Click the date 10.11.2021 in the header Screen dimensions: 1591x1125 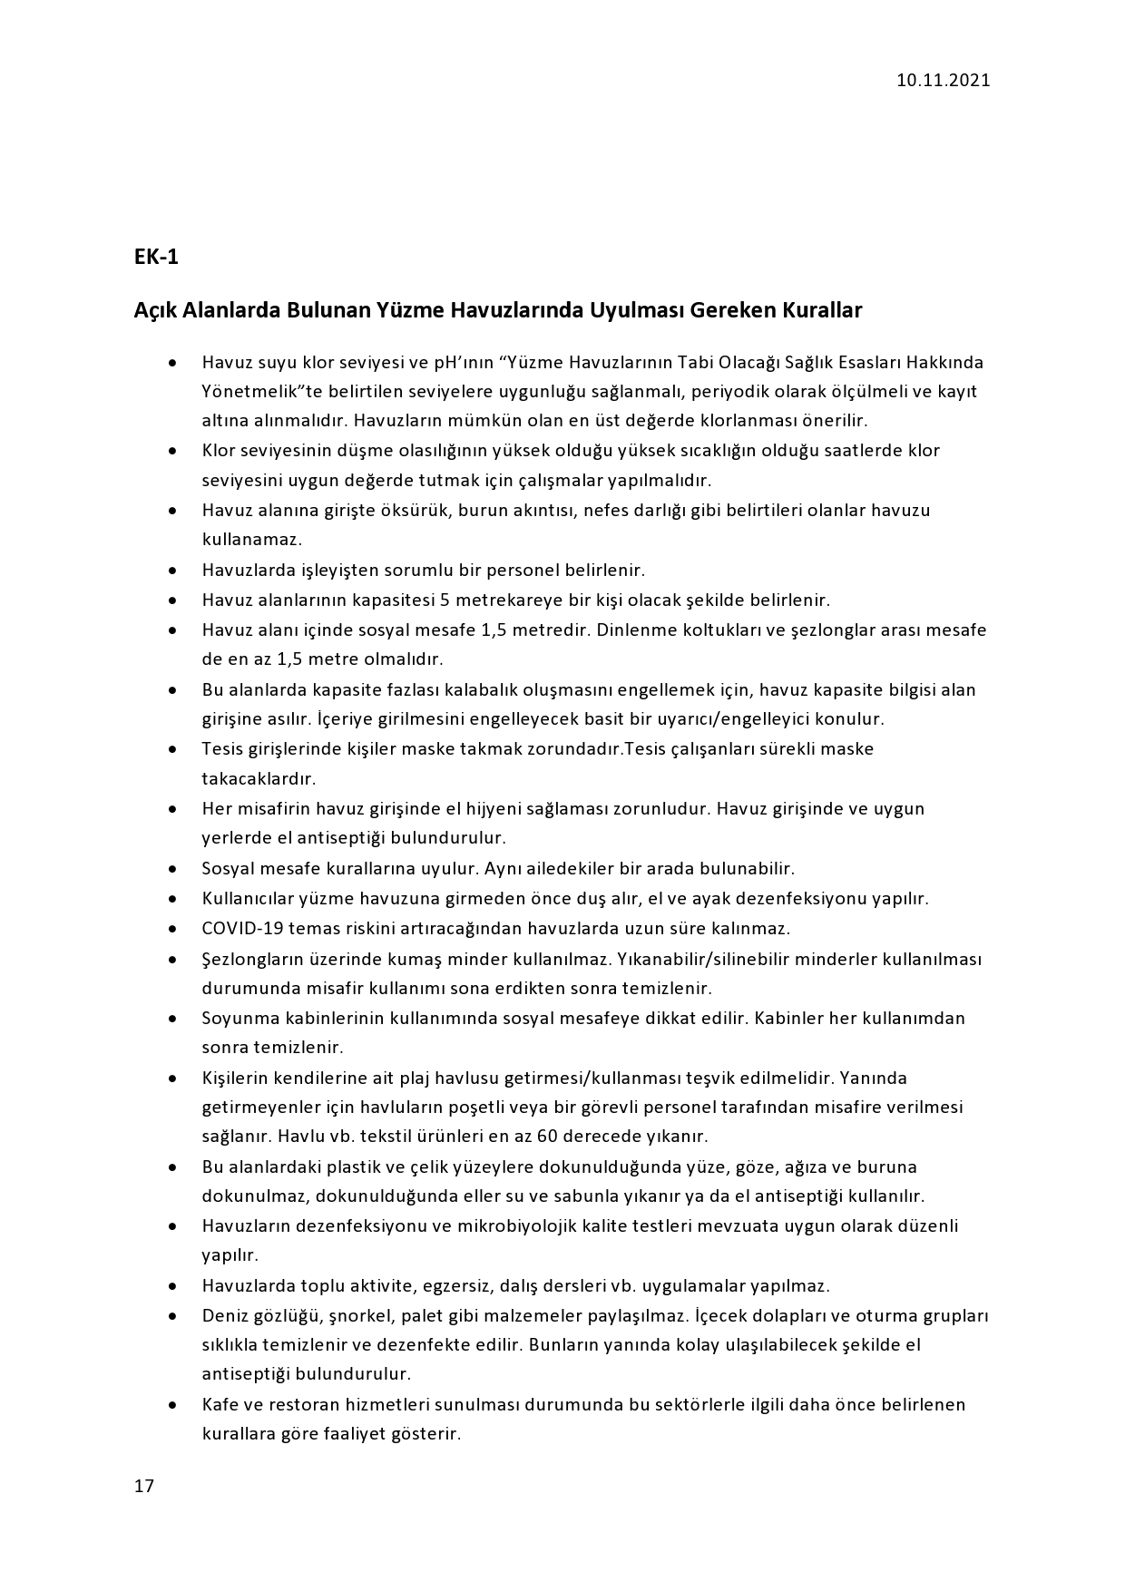coord(943,80)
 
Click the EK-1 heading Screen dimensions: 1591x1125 coord(156,258)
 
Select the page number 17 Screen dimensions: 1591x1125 coord(144,1486)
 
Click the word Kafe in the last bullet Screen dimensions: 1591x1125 coord(219,1405)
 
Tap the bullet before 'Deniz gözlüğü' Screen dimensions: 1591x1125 coord(171,1316)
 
